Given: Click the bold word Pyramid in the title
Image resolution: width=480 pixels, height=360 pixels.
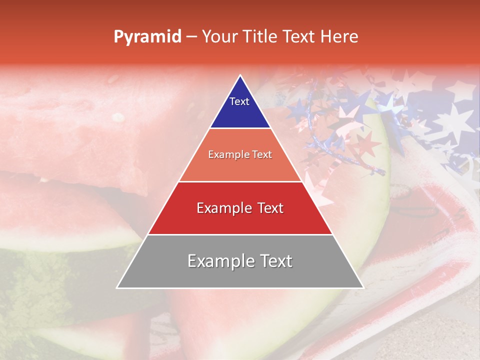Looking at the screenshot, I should coord(147,37).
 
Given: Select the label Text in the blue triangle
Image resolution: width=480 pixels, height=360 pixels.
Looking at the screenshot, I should coord(239,101).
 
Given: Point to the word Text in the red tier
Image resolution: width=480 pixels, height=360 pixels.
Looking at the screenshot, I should coord(267,208).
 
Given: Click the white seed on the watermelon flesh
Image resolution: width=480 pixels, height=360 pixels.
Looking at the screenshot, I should coord(118,117).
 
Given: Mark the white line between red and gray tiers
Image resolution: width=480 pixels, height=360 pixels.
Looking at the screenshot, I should coord(240,234).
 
